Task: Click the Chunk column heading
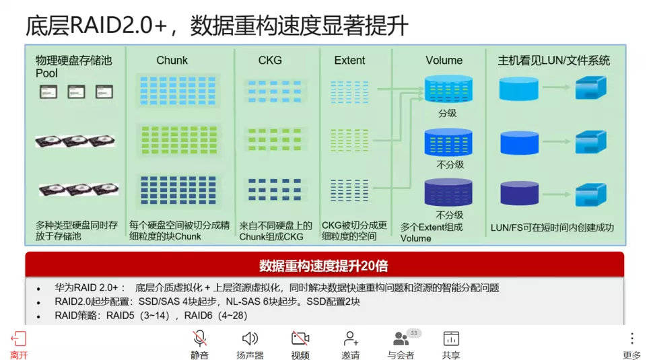(172, 61)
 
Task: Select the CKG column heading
(270, 61)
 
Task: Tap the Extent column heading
(349, 61)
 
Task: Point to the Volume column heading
(444, 61)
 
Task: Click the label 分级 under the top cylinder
(448, 113)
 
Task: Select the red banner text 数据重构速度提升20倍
(324, 266)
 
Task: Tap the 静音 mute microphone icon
(199, 338)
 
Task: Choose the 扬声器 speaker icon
(250, 338)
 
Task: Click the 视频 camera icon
(300, 338)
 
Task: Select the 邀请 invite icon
(351, 338)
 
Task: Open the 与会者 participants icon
(401, 338)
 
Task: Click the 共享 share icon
(451, 338)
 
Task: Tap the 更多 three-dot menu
(632, 338)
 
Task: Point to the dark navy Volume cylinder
(448, 192)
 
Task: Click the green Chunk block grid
(179, 140)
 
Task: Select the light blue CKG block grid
(275, 92)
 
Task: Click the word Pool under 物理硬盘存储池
(46, 73)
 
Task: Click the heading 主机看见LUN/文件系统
(553, 61)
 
